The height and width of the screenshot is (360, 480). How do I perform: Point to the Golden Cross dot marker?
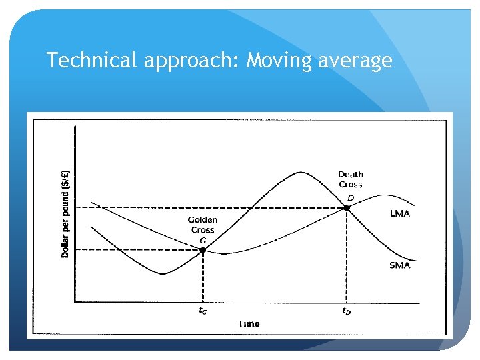(203, 250)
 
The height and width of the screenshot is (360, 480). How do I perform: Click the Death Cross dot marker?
(347, 208)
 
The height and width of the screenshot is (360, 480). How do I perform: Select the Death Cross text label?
(350, 179)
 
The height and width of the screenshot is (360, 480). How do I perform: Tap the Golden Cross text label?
(202, 225)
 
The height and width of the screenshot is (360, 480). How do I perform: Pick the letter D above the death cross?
(350, 197)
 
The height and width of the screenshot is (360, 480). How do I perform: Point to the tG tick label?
(203, 310)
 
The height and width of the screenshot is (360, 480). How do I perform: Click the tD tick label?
(346, 310)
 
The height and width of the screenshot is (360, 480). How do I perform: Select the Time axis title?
(249, 323)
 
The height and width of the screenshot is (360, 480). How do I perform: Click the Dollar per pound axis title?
(65, 213)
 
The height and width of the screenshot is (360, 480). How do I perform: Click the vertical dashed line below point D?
(347, 260)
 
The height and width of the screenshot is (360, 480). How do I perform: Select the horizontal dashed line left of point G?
(133, 250)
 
